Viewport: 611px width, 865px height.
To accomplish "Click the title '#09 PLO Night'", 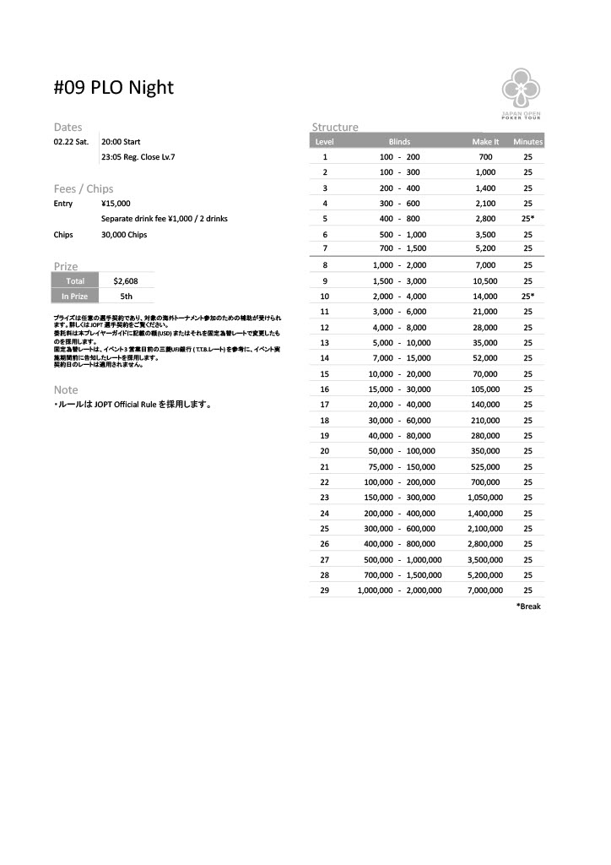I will [114, 88].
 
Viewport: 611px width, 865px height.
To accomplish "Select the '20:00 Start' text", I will [121, 142].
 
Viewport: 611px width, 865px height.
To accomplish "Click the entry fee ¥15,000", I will [116, 204].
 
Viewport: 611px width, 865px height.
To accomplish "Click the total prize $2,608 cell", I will [126, 280].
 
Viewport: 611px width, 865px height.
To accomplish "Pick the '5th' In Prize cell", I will [126, 296].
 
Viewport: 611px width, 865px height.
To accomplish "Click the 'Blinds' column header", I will [399, 142].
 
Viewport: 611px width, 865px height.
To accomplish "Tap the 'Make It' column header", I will [485, 142].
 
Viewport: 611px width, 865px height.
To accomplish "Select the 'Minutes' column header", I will [527, 142].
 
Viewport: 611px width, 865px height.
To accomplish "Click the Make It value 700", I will [485, 157].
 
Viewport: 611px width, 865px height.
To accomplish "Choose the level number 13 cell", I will [325, 343].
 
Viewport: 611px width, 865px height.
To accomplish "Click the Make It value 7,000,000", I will [485, 590].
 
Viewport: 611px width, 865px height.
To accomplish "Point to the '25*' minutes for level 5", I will [527, 219].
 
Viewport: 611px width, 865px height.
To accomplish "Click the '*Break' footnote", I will [527, 607].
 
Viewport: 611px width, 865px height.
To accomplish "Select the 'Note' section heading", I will [66, 390].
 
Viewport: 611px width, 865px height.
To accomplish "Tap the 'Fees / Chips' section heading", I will [84, 188].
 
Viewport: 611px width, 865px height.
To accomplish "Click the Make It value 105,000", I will [485, 389].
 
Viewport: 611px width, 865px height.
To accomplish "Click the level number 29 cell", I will [325, 590].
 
